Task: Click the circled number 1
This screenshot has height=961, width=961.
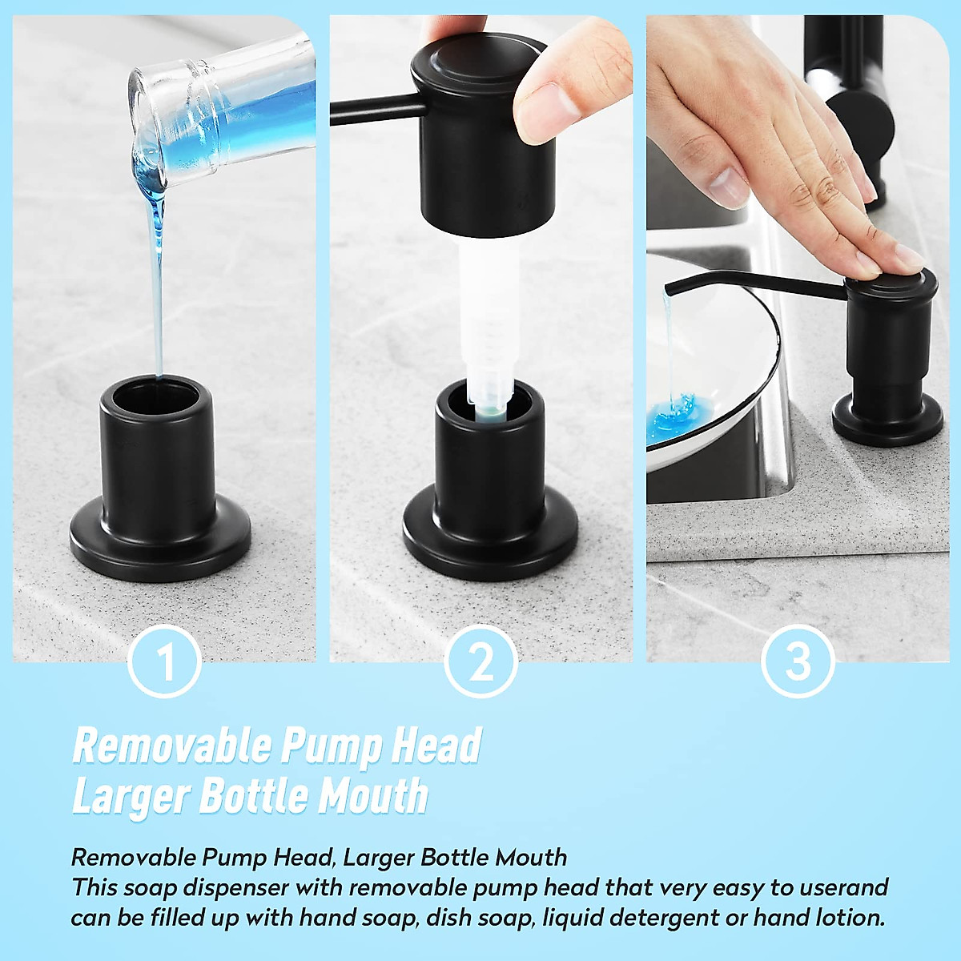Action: click(x=164, y=662)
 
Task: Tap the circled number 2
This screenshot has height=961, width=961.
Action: click(x=480, y=662)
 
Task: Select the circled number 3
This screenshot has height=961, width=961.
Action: click(x=798, y=662)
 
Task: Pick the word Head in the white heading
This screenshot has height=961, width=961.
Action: click(x=436, y=746)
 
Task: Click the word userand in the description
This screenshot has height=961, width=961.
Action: click(x=841, y=887)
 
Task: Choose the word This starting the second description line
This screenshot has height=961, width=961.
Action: click(x=94, y=887)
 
